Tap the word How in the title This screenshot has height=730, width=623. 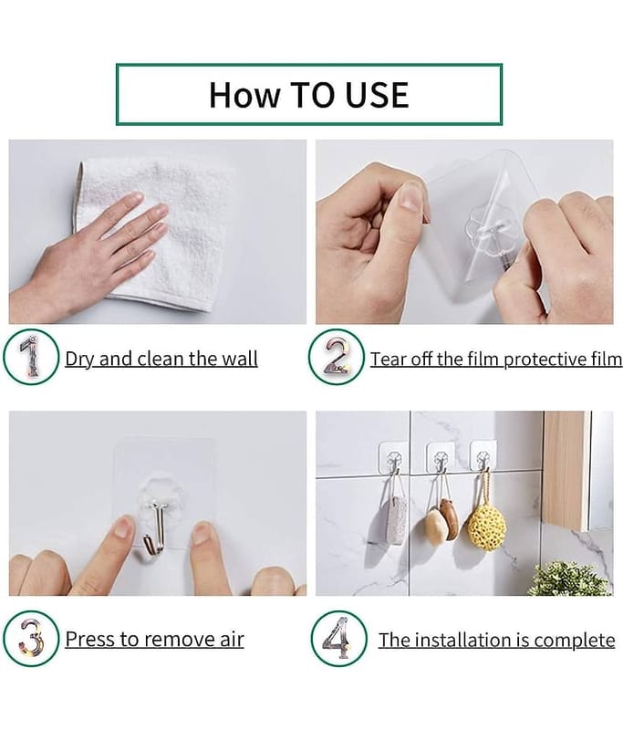pos(244,95)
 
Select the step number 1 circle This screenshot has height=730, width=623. pos(32,357)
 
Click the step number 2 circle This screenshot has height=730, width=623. pos(336,357)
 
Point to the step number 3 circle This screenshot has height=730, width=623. pos(32,638)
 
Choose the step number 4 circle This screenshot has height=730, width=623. pos(338,638)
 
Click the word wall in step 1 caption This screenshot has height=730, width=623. pos(239,359)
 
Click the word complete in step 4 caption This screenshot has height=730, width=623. pos(575,641)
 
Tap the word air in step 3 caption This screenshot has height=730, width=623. pos(233,640)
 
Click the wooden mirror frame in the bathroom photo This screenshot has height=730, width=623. pos(566,470)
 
